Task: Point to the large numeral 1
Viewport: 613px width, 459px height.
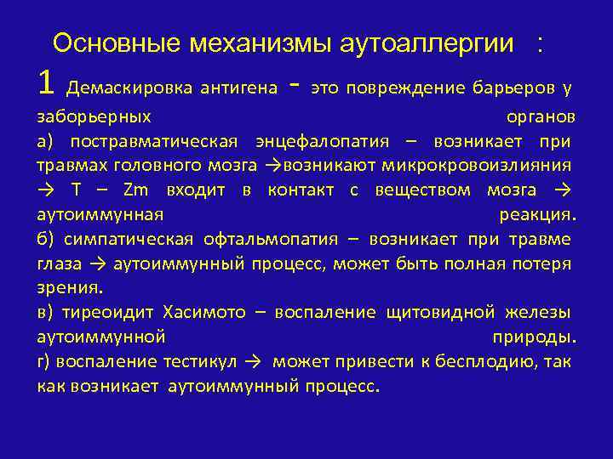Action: (x=47, y=82)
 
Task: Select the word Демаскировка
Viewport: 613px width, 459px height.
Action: (x=128, y=88)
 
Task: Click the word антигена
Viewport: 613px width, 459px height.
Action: (x=238, y=88)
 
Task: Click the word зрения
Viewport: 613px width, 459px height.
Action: (x=69, y=288)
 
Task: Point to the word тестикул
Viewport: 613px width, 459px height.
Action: (x=199, y=362)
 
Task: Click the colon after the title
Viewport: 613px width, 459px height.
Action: (x=539, y=44)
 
